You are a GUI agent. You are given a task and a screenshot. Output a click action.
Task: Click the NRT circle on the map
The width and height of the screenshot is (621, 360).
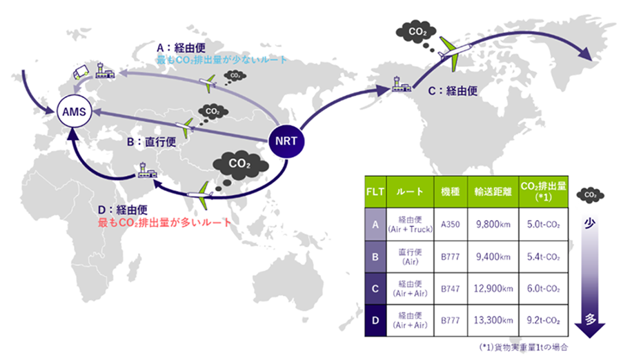coord(284,140)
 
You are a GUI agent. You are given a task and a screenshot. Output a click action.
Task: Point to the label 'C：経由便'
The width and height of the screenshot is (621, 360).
coord(453,90)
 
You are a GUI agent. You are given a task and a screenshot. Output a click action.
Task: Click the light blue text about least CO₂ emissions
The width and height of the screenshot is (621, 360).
coord(221,61)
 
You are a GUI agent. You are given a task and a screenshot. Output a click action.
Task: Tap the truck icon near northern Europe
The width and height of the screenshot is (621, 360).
coord(81,71)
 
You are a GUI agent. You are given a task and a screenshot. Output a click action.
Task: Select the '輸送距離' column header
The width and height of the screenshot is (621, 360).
coord(493,188)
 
